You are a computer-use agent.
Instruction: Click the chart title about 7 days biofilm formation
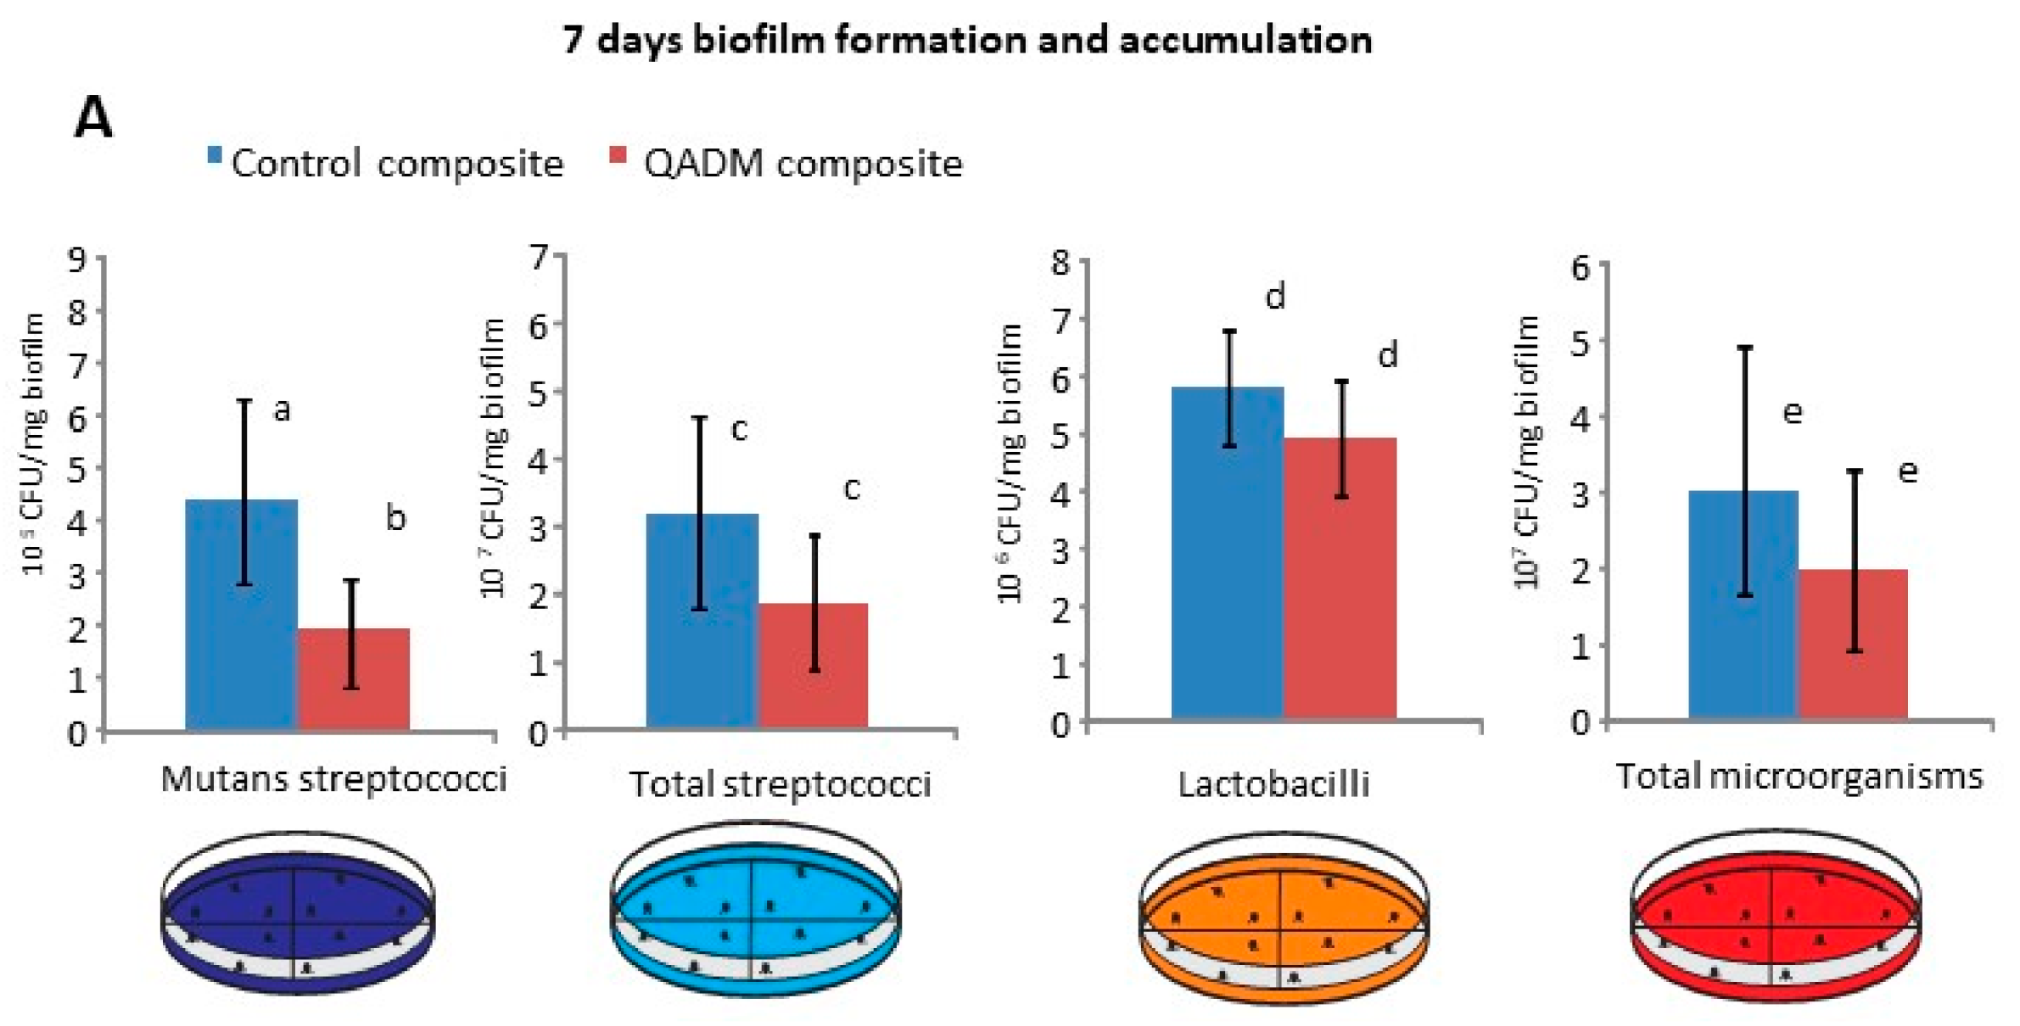click(967, 40)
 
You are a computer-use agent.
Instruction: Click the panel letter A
click(93, 118)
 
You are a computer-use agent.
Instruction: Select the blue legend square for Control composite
click(215, 155)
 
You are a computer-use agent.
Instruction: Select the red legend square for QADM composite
click(618, 155)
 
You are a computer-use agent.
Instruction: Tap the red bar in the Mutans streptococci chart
click(353, 678)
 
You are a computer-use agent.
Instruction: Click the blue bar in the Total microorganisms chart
click(1743, 605)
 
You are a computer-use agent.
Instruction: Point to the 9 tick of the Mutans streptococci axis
click(78, 258)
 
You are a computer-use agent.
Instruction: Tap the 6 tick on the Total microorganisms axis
click(1580, 267)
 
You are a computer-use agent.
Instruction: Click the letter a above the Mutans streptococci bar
click(282, 410)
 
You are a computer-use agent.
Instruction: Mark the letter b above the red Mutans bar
click(395, 517)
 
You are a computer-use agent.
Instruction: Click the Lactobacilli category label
click(1273, 784)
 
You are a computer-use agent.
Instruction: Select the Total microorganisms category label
click(1799, 777)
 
